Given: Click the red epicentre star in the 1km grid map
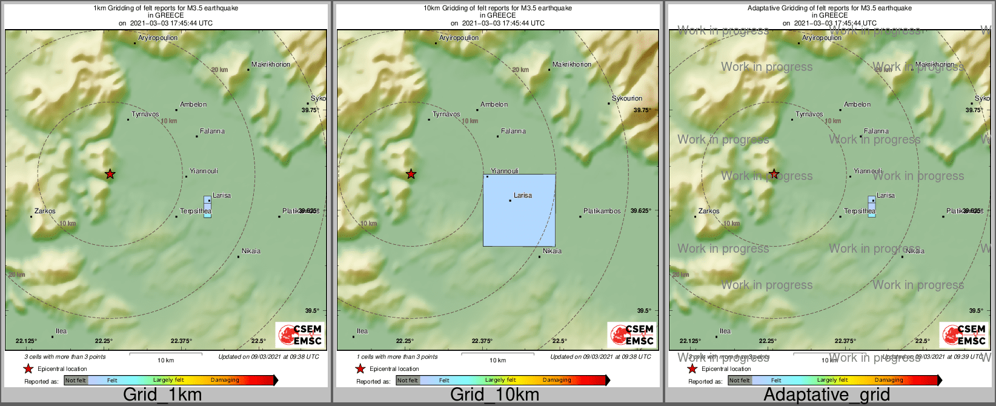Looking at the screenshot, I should click(110, 175).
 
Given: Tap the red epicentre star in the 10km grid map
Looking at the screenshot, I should click(411, 175).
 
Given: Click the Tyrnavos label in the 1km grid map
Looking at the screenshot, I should click(145, 114).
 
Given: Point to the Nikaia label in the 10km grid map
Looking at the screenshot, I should click(552, 251).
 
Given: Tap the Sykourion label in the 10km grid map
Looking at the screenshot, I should click(627, 98).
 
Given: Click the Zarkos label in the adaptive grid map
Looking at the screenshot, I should click(709, 211).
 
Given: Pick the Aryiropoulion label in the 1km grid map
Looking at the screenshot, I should click(158, 38).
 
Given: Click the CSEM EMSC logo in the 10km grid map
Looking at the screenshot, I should click(632, 334).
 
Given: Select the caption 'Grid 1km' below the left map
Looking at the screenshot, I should click(162, 395).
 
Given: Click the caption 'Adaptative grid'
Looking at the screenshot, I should click(826, 395).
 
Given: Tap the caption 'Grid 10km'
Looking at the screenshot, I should click(494, 395).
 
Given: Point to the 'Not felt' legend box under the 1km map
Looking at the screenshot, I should click(76, 381).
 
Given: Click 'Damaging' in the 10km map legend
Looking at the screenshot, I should click(557, 381).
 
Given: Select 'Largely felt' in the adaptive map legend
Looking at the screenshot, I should click(832, 381).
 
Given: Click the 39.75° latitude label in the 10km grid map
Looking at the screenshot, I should click(642, 110).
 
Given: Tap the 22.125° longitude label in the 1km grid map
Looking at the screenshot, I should click(26, 341).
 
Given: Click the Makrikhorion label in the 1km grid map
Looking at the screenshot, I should click(271, 64).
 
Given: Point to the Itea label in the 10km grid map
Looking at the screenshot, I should click(362, 331).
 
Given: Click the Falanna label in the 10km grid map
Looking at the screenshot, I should click(514, 131).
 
